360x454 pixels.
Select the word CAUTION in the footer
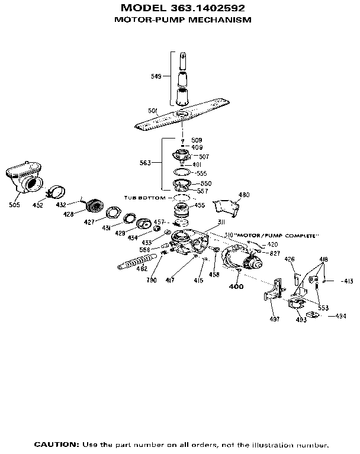pos(56,444)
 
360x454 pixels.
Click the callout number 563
pos(145,162)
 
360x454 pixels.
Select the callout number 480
pos(243,195)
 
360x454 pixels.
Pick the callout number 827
pos(275,253)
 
